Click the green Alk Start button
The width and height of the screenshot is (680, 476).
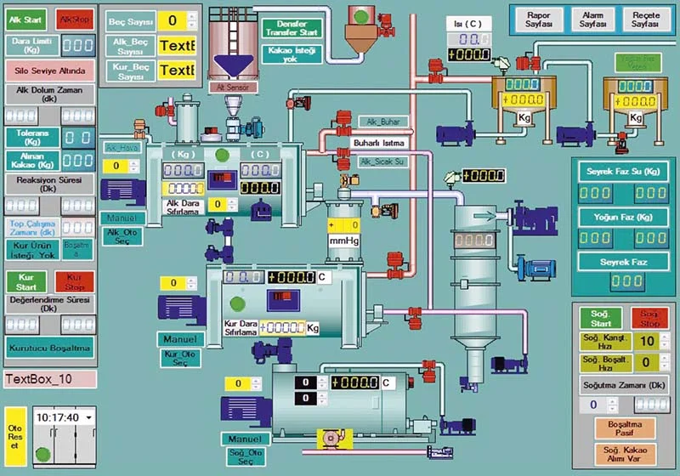pyautogui.click(x=25, y=19)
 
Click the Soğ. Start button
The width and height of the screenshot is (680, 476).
pyautogui.click(x=601, y=319)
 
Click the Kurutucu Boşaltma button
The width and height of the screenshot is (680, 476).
pyautogui.click(x=49, y=348)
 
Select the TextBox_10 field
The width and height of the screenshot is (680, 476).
pyautogui.click(x=49, y=378)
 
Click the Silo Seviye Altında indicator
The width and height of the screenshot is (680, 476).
pyautogui.click(x=49, y=71)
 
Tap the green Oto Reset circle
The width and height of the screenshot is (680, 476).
pyautogui.click(x=14, y=451)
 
